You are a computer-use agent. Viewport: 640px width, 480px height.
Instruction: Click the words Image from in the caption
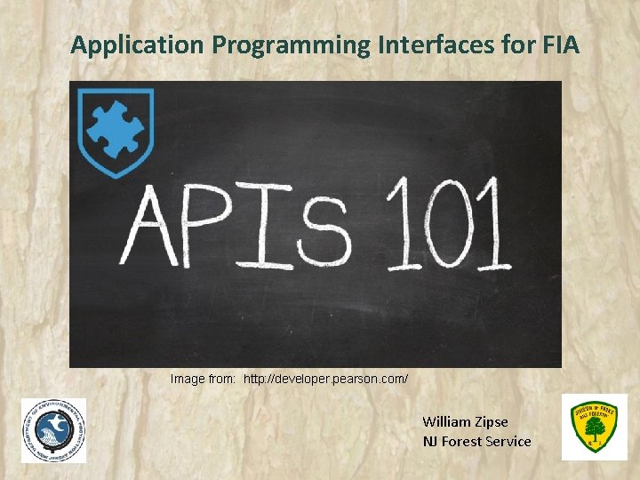coord(204,380)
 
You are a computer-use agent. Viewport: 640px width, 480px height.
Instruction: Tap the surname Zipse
coord(492,421)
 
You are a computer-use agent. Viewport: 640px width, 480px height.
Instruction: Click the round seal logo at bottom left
coord(54,431)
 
